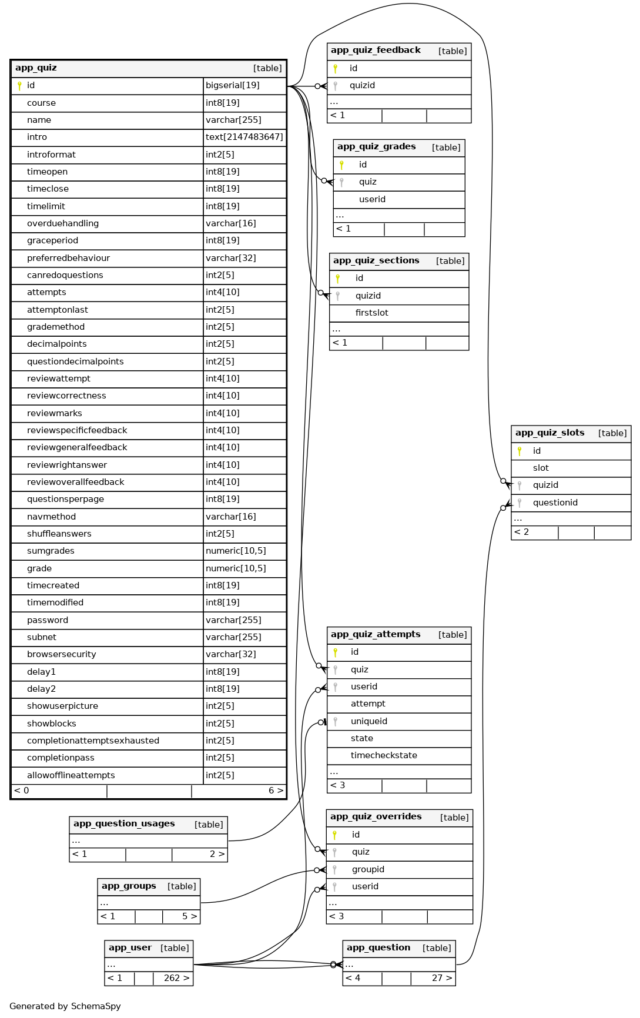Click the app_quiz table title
(x=36, y=68)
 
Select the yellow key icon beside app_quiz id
(x=19, y=86)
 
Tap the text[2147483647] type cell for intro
(x=244, y=137)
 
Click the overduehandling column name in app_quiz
(x=63, y=223)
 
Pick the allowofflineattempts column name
(x=71, y=775)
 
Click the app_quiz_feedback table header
(x=376, y=51)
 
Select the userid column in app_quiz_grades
(x=372, y=199)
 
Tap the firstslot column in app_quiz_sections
(x=371, y=313)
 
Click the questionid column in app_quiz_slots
(x=555, y=503)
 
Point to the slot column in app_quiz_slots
(x=541, y=468)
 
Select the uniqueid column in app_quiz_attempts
(x=368, y=721)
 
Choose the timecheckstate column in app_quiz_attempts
(x=384, y=755)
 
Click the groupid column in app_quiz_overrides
(x=368, y=869)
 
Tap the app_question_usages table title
(x=124, y=824)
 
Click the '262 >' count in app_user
(x=176, y=978)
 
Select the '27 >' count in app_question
(x=442, y=978)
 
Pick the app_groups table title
(x=129, y=886)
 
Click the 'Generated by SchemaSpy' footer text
(x=65, y=1006)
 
